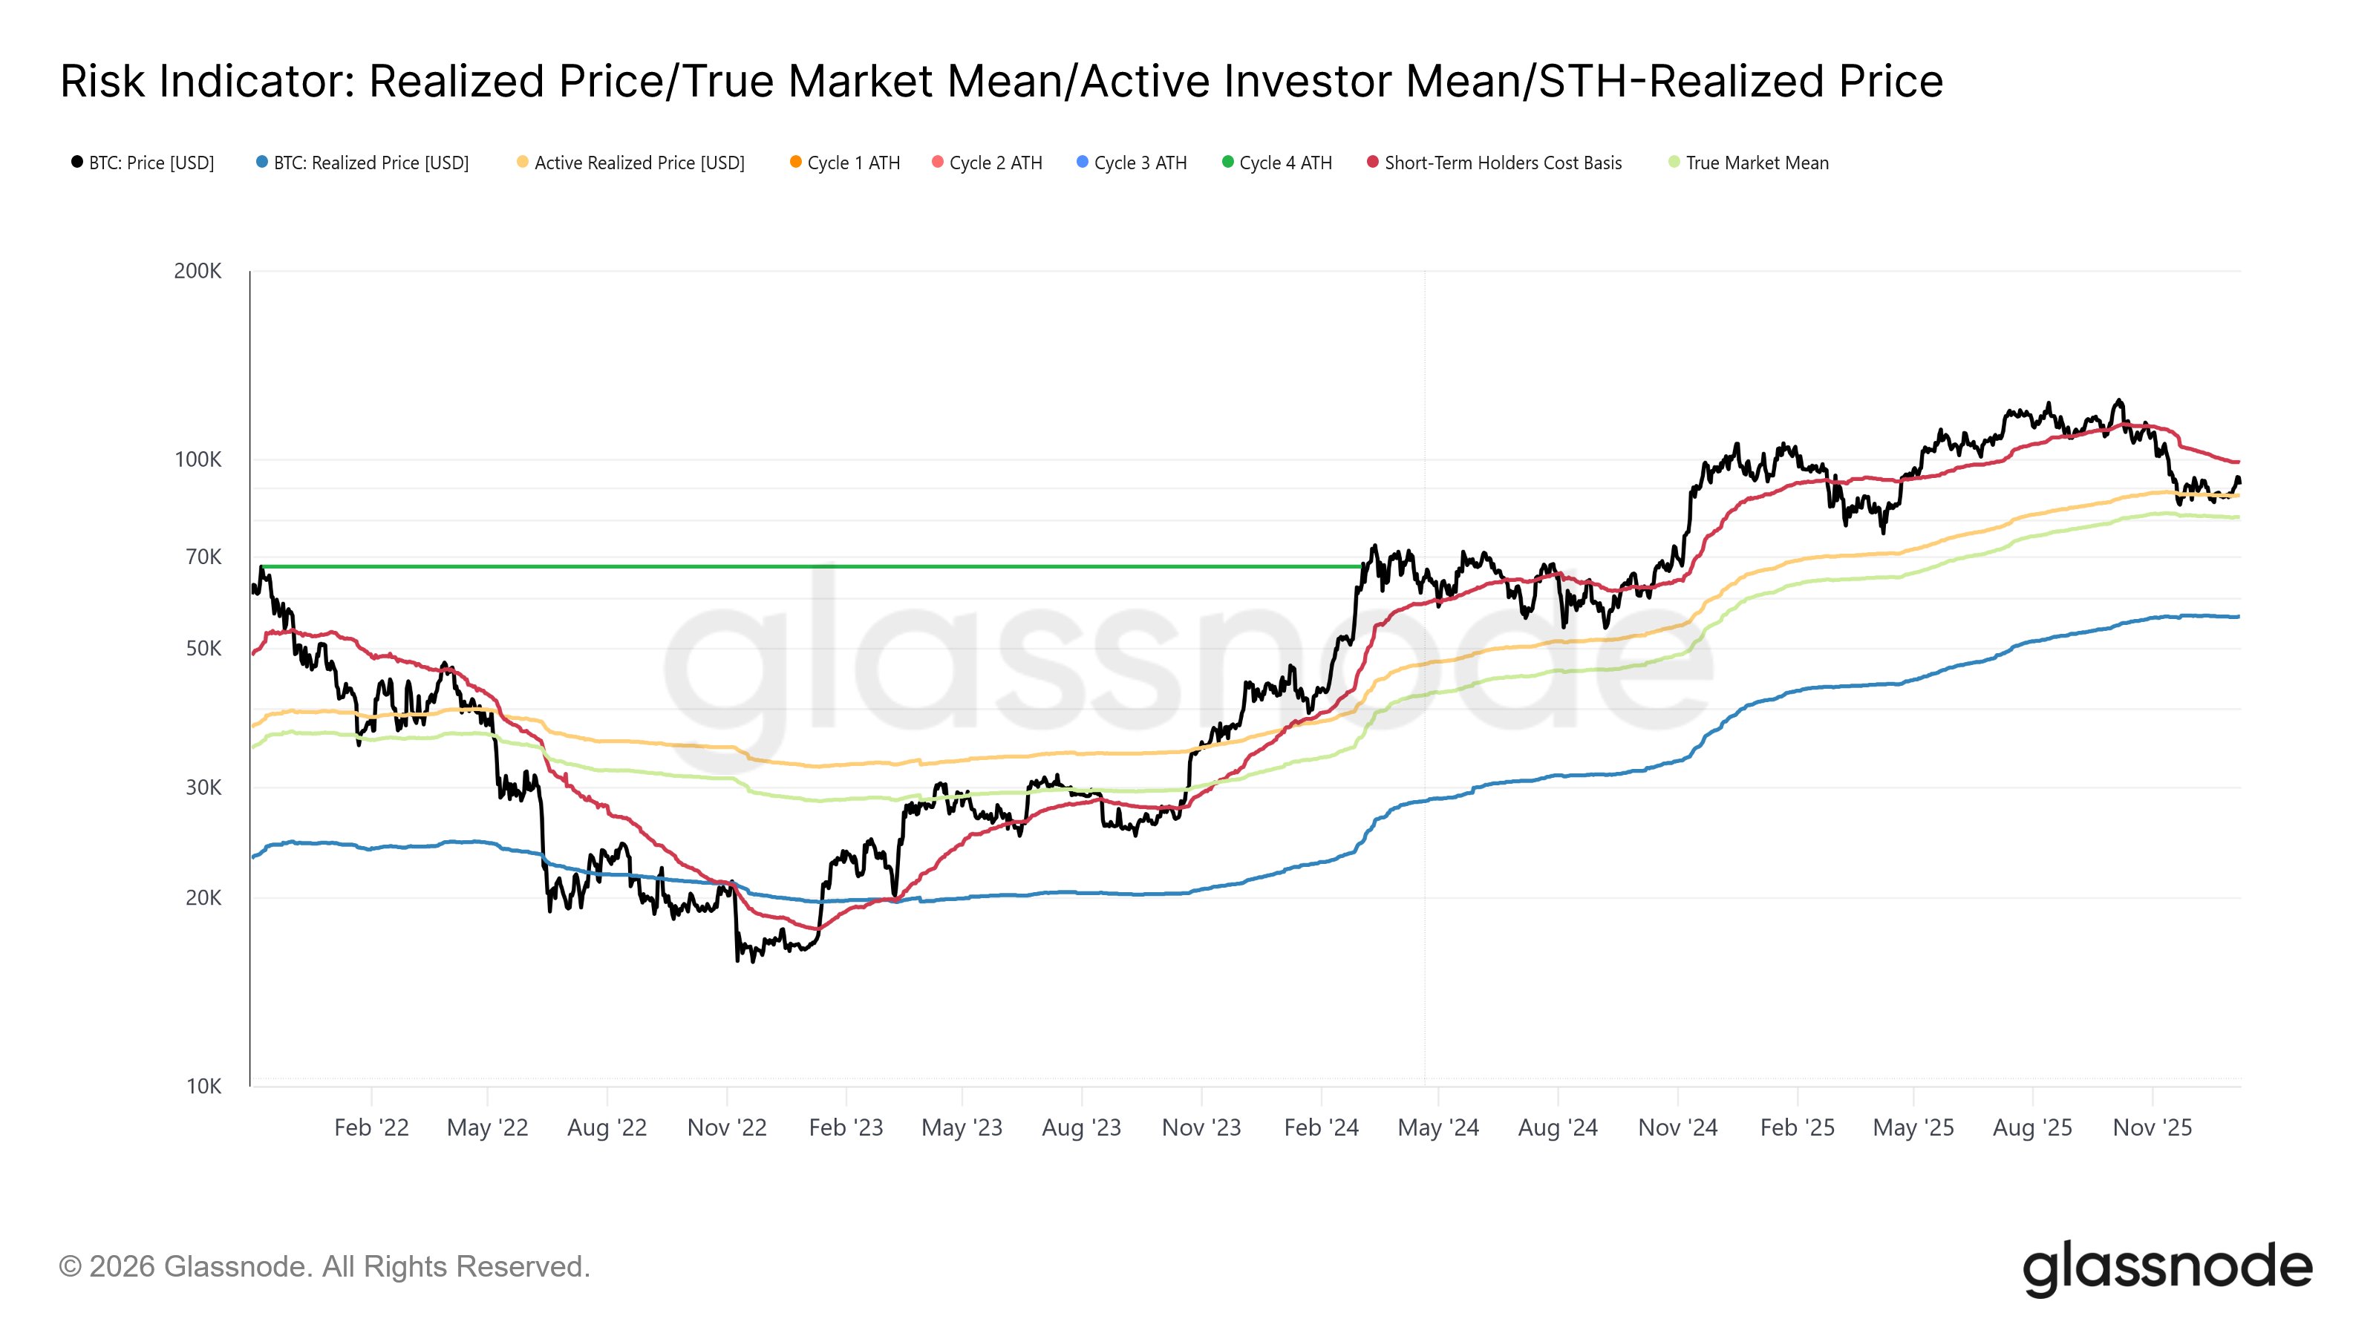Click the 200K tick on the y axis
[x=198, y=271]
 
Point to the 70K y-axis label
[x=203, y=557]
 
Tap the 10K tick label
[x=203, y=1086]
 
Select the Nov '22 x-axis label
[x=727, y=1127]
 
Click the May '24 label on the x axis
[x=1438, y=1127]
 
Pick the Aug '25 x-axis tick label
[x=2032, y=1127]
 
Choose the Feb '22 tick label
[x=371, y=1127]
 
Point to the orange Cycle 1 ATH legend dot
[x=795, y=163]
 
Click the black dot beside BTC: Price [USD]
[x=77, y=163]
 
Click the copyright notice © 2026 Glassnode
[x=323, y=1267]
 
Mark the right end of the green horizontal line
[x=1362, y=566]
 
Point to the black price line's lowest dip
[x=737, y=960]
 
